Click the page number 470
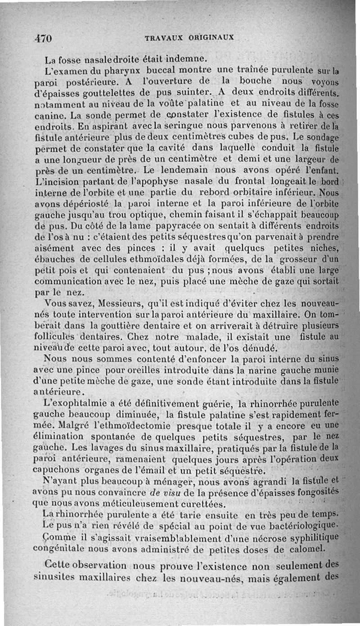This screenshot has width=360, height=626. coord(44,38)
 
